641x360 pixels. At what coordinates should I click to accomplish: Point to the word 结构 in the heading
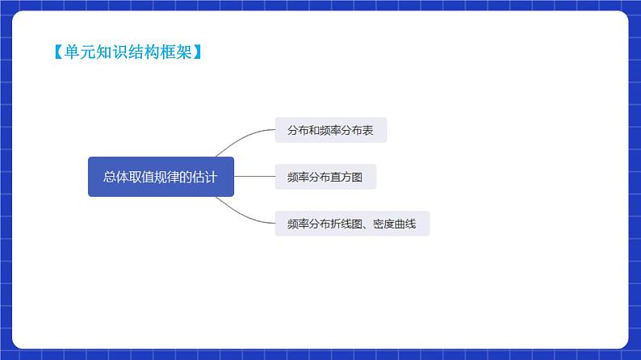click(x=137, y=52)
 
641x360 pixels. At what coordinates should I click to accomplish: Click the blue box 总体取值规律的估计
click(x=161, y=177)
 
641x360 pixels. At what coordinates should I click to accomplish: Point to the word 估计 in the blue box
click(x=206, y=177)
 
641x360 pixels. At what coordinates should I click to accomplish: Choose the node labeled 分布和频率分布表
click(x=330, y=130)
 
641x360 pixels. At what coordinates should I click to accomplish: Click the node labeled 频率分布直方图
click(x=325, y=177)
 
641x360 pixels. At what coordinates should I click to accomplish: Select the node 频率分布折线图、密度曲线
click(x=352, y=224)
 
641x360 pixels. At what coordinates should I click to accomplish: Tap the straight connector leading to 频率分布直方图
click(x=254, y=177)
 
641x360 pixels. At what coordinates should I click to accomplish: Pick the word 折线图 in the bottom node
click(x=341, y=224)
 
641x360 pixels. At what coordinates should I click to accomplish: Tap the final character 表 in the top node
click(x=368, y=130)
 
